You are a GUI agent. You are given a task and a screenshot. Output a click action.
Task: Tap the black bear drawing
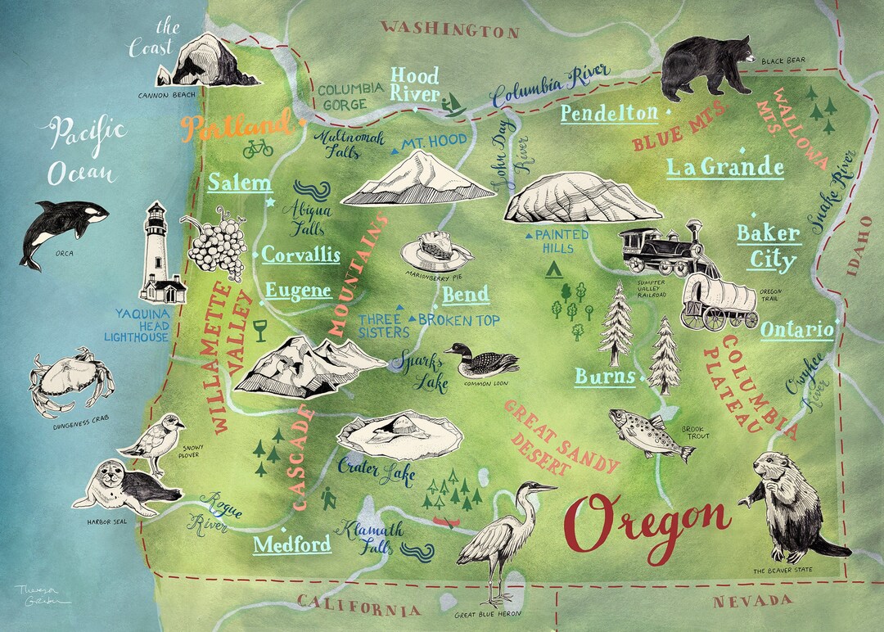click(x=706, y=65)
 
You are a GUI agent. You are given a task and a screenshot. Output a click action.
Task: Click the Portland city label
click(x=235, y=127)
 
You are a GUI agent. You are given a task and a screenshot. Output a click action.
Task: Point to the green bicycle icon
click(x=258, y=148)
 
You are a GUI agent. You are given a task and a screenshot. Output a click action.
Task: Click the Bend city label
click(x=465, y=295)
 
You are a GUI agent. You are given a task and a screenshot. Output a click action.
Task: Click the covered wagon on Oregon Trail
click(x=719, y=300)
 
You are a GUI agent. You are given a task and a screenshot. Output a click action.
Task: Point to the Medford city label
click(x=292, y=544)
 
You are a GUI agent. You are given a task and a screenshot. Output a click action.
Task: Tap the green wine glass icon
click(x=260, y=330)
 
